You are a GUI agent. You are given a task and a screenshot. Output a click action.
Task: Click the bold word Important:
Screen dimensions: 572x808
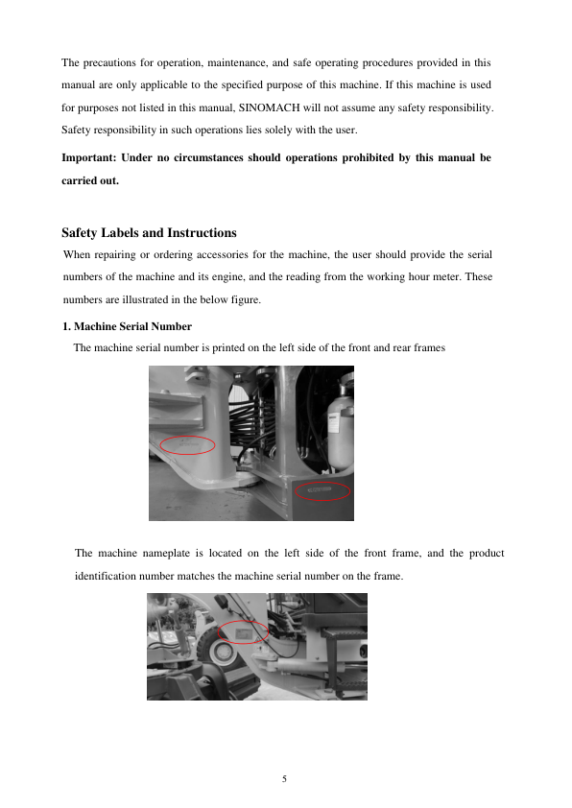(89, 157)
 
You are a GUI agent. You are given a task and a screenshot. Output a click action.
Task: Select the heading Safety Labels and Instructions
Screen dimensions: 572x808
(149, 233)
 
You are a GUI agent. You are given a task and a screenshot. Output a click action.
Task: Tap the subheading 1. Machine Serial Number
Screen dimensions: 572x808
(128, 326)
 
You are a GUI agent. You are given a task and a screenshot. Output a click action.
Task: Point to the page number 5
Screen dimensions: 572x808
(284, 778)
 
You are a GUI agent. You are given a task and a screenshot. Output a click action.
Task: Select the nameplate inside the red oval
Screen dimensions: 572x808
(242, 632)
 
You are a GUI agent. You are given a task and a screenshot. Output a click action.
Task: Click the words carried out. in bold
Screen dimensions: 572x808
(90, 180)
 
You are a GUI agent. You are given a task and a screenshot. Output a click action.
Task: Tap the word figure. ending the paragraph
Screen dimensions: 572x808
(246, 300)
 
